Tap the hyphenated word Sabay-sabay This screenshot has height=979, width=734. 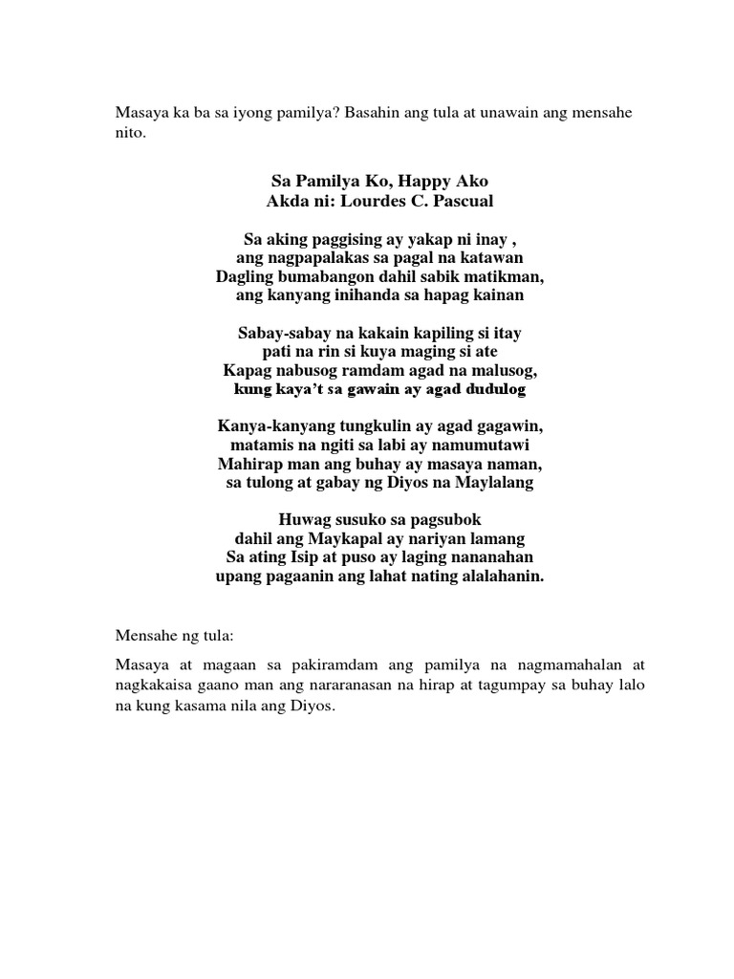coord(278,334)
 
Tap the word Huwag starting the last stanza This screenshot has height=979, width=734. coord(306,520)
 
